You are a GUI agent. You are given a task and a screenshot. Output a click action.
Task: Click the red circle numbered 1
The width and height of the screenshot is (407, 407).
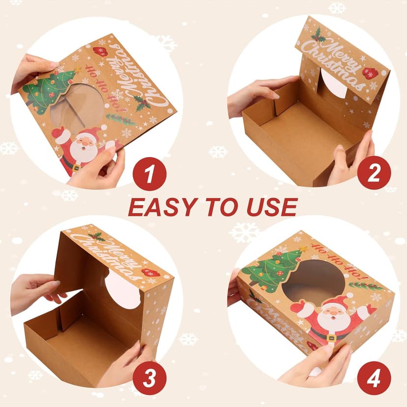[149, 173]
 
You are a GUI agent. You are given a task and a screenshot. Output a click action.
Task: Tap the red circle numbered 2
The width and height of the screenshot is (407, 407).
[374, 173]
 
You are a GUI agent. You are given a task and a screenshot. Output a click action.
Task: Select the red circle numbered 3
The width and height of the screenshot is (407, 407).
[149, 378]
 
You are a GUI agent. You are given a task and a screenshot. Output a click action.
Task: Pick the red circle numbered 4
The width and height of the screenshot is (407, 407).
[374, 378]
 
